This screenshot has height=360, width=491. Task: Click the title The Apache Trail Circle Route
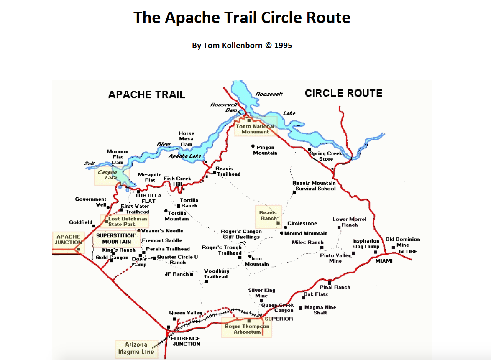242,18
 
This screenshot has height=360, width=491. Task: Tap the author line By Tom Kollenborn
242,45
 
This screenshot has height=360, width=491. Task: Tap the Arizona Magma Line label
136,348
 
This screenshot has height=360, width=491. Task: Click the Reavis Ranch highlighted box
269,216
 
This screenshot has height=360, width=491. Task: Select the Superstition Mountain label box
115,238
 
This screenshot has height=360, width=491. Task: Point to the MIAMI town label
384,261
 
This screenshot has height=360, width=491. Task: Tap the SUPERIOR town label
279,319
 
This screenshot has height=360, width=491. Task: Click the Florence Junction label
186,341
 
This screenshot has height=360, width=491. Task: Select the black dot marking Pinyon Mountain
253,146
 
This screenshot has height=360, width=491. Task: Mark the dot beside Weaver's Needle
139,230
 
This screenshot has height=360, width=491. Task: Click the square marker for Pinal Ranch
330,283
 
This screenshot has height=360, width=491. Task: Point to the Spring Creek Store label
326,156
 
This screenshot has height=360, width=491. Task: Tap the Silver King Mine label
262,293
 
